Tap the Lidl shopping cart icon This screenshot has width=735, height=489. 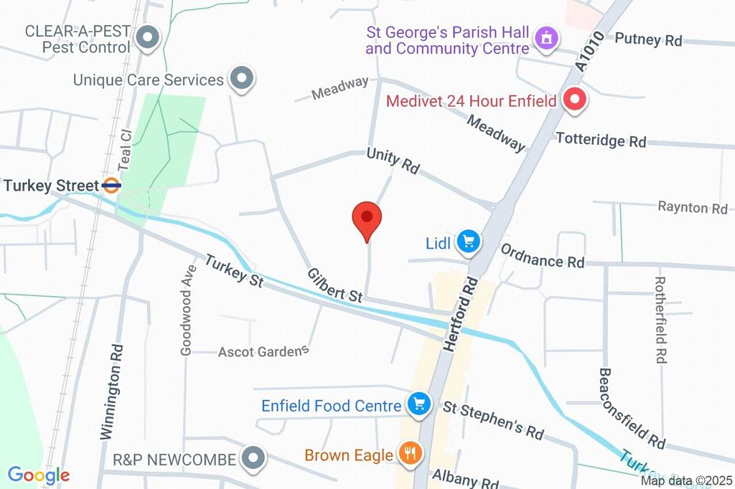point(469,242)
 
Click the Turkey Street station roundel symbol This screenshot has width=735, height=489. point(111,186)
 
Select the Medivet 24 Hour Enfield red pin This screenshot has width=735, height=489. point(574,100)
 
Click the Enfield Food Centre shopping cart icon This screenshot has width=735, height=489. point(418,404)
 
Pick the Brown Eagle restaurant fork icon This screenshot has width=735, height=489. point(411,453)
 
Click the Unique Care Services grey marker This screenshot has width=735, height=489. point(241,79)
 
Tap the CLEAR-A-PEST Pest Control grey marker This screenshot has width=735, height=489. point(148,38)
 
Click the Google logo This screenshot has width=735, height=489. point(38,475)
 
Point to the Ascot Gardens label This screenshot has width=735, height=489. point(263,351)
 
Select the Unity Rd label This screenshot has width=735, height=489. point(393,161)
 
